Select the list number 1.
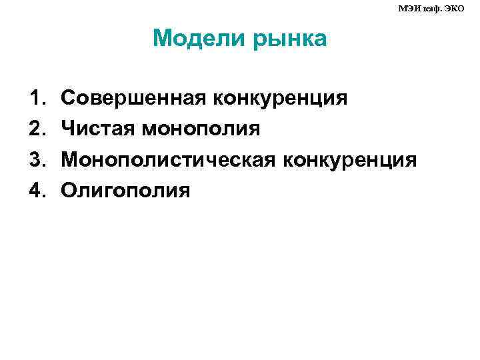pos(36,99)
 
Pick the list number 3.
pos(36,161)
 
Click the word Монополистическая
pos(169,161)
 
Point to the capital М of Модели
pos(162,39)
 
